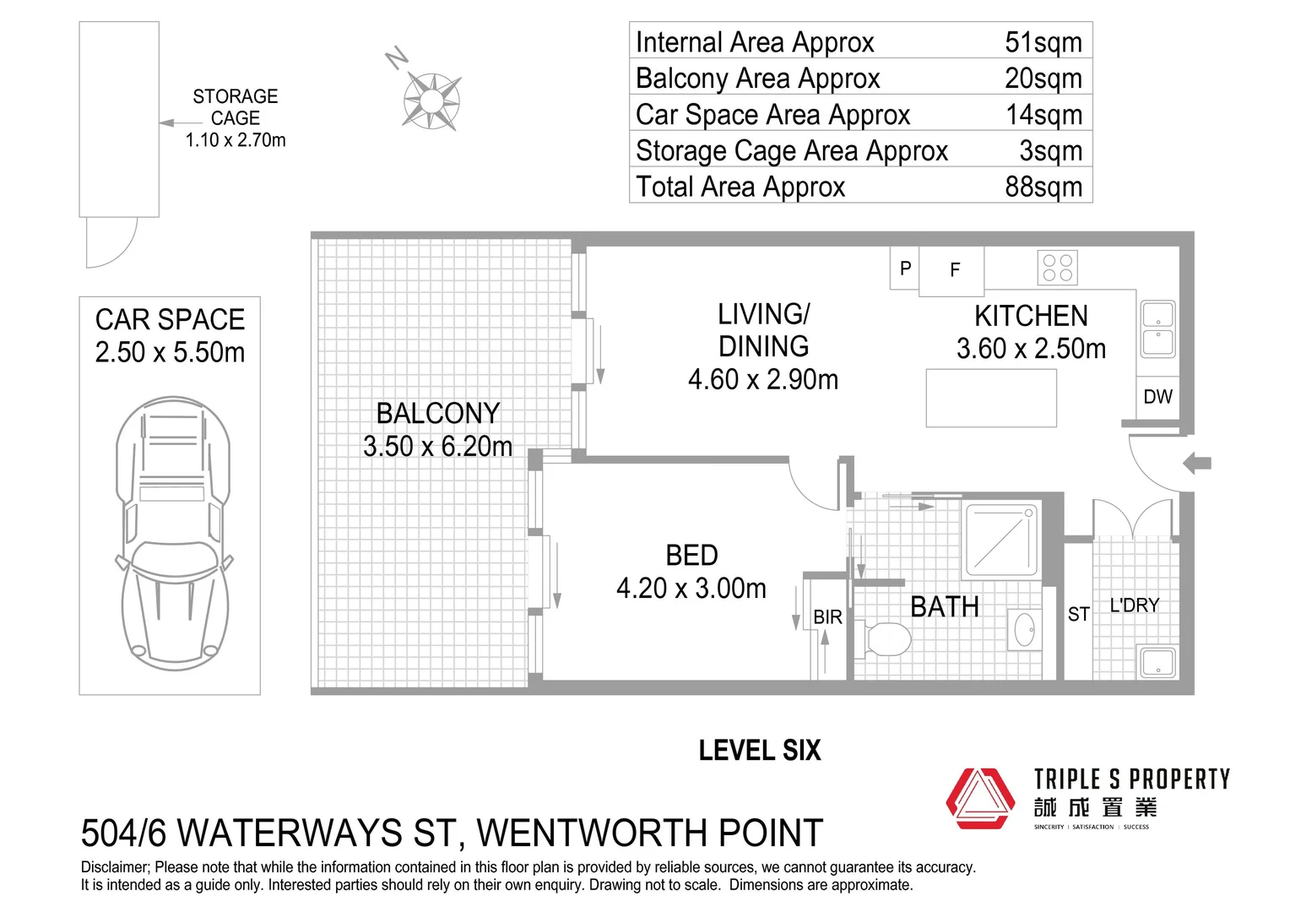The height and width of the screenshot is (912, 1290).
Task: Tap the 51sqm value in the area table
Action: point(1043,41)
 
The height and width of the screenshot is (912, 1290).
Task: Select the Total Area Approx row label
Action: point(740,186)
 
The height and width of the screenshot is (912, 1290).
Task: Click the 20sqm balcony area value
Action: point(1043,78)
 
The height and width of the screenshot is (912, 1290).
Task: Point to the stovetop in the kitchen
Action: point(1057,268)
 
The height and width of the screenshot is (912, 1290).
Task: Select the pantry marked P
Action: point(905,269)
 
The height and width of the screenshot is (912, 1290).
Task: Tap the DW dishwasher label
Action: point(1157,397)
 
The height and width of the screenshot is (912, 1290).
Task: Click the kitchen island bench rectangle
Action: point(991,397)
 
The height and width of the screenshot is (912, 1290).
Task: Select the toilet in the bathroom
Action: point(886,638)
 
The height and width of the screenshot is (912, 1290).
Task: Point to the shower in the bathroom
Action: point(1001,539)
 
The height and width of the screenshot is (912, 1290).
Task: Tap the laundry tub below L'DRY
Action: point(1157,661)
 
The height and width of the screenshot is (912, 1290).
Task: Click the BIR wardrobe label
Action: point(827,617)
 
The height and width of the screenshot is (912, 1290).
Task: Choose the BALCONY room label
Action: point(437,414)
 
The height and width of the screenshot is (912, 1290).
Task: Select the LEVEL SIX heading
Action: point(759,751)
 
